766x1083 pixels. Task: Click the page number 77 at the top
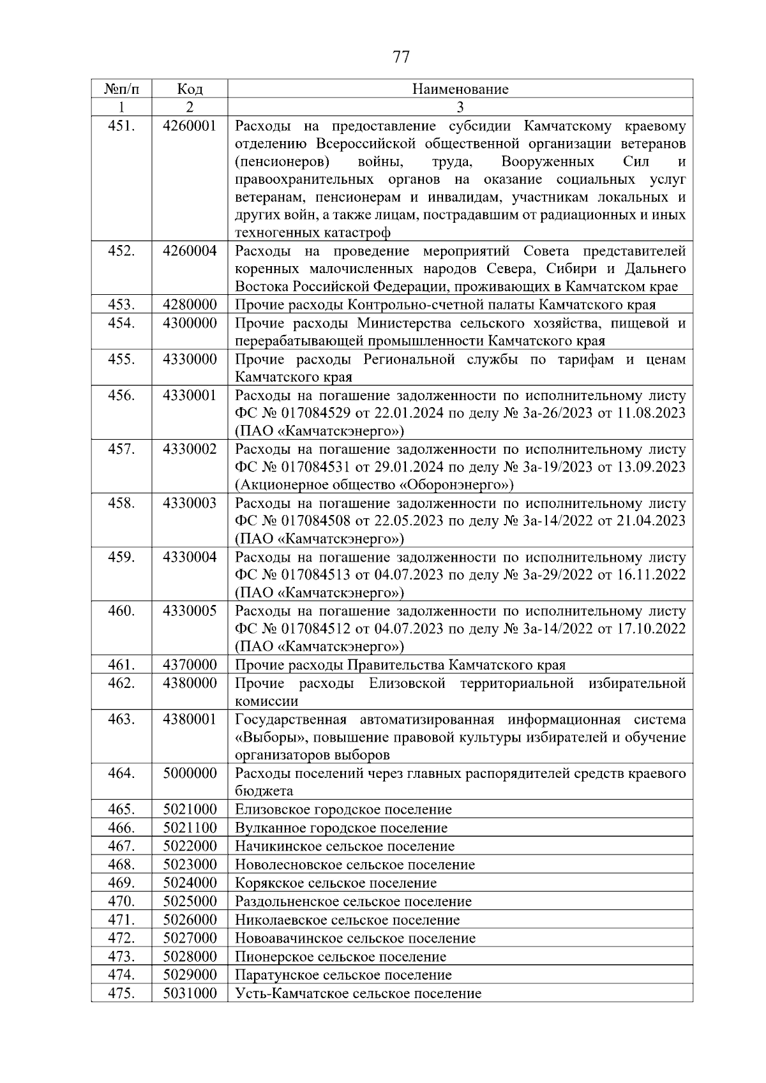point(401,57)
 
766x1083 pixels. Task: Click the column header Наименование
point(460,89)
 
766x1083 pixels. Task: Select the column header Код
point(190,89)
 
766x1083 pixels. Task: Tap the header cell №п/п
point(121,89)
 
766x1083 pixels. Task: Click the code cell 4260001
point(190,126)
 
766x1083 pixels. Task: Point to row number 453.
point(121,305)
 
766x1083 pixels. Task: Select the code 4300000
point(190,324)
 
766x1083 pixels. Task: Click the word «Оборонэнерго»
point(456,485)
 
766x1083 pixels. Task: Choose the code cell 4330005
point(190,611)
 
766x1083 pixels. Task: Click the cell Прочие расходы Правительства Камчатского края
point(400,666)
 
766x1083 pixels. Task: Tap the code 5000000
point(190,773)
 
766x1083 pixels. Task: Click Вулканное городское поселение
point(342,828)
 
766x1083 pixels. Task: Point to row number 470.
point(121,902)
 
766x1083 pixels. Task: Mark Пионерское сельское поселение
point(341,957)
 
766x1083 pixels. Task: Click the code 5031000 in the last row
point(190,994)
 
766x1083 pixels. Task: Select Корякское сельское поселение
point(336,883)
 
